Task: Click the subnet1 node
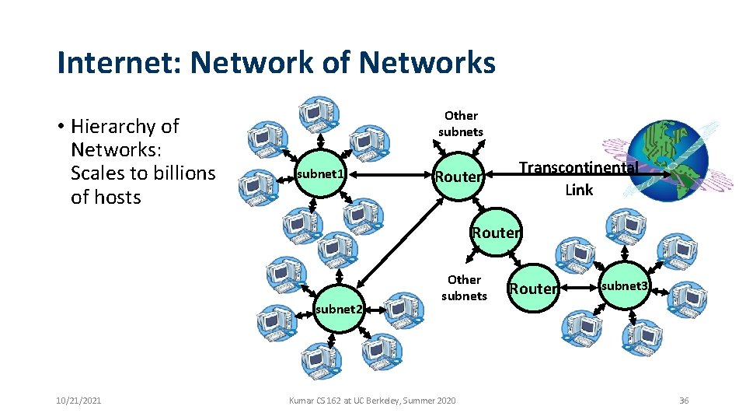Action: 319,173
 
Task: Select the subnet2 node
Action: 339,309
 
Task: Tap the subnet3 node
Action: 623,286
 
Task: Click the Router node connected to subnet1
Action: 458,177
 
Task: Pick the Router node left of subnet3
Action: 533,289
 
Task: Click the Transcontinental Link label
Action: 578,178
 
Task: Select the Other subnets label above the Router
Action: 461,124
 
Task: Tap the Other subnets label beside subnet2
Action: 464,287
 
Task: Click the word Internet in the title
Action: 109,62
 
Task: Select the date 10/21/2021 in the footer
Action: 79,400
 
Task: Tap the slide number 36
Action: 684,400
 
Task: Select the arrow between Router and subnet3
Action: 579,287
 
